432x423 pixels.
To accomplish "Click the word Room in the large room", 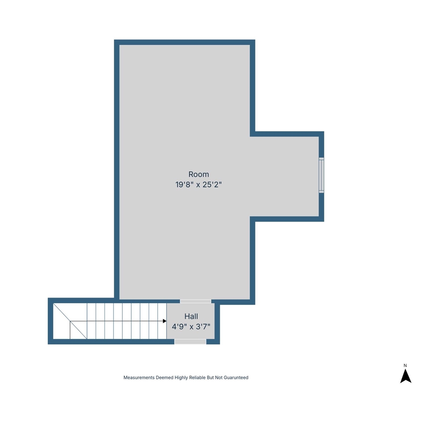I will click(199, 174).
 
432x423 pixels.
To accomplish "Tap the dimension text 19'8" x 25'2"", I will click(199, 185).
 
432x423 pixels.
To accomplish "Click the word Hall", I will click(191, 316).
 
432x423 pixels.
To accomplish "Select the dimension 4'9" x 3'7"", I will click(191, 327).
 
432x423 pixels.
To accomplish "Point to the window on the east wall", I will click(321, 175).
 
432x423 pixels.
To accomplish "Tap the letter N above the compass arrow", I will click(405, 365).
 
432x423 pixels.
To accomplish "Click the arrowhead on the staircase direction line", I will click(164, 321).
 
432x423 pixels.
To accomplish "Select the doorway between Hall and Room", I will click(195, 301).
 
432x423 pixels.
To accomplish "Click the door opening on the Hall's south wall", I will click(190, 341).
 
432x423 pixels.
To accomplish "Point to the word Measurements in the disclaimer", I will click(139, 378).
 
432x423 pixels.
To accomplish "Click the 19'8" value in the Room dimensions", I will click(183, 185).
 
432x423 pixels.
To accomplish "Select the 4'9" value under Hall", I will click(179, 327).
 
